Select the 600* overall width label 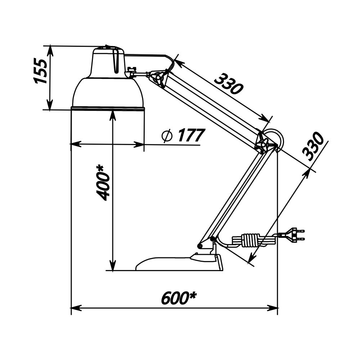coord(179,298)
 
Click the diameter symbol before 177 coord(167,136)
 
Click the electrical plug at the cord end coord(292,235)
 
